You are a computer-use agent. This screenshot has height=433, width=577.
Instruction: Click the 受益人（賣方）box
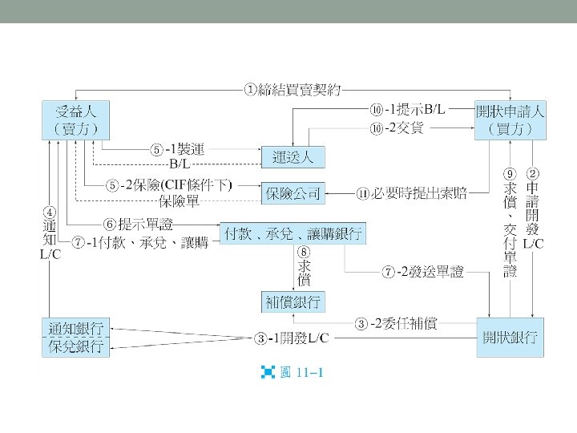click(76, 119)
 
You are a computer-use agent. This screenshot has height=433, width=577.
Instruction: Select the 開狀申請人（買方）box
click(510, 119)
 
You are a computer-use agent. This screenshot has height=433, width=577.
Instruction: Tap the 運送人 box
click(293, 156)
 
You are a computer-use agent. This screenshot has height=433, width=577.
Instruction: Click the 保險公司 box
click(293, 192)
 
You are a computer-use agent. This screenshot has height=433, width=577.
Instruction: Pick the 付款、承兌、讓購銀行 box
click(293, 233)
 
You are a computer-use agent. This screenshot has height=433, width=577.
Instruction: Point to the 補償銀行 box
click(293, 301)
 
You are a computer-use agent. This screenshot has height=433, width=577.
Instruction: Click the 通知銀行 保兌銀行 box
click(76, 337)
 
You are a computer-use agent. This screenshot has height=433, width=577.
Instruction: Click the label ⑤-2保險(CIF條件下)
click(170, 185)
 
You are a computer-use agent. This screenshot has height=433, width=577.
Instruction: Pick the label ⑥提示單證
click(138, 224)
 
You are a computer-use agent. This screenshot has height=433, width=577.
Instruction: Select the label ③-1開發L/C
click(292, 339)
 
